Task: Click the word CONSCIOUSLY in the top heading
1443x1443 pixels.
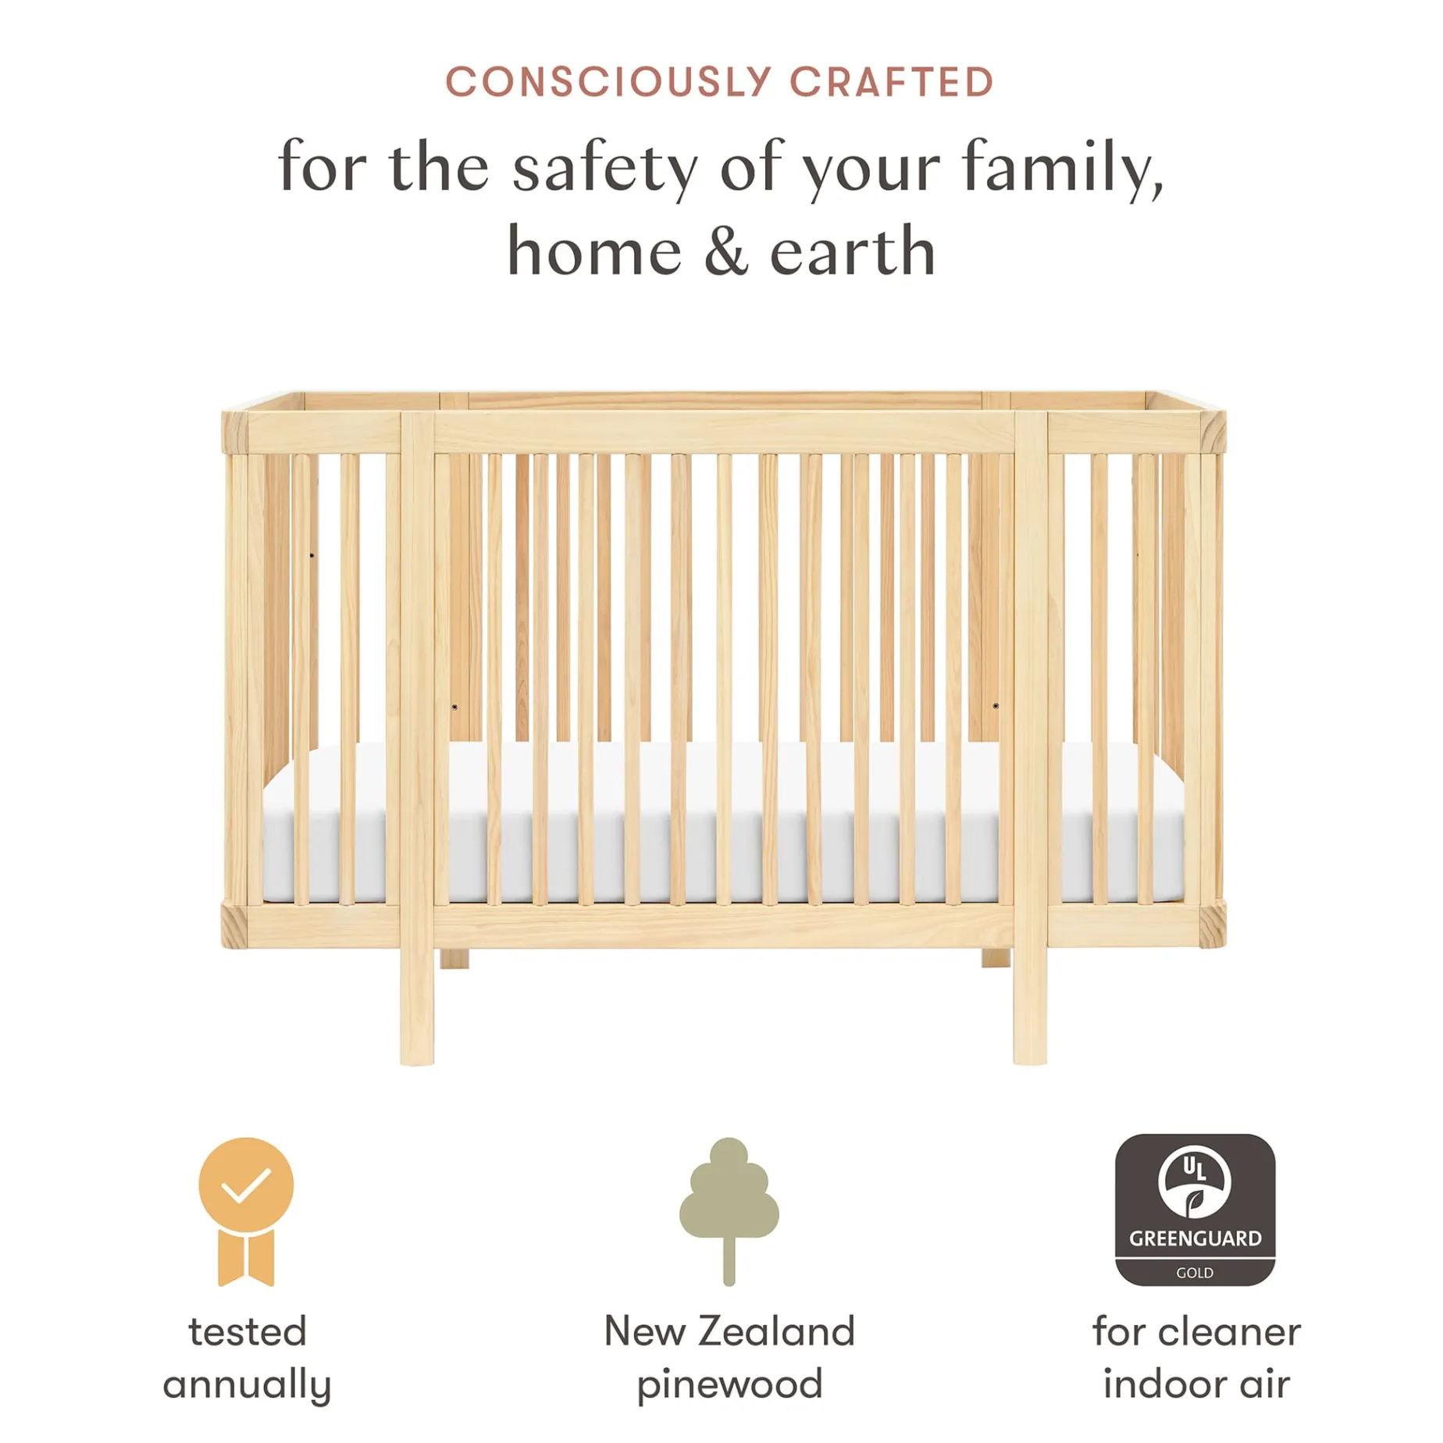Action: tap(608, 82)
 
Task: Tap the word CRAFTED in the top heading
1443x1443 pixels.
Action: tap(892, 82)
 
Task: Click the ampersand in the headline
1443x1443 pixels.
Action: tap(726, 251)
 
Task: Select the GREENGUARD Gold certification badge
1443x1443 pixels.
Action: tap(1195, 1210)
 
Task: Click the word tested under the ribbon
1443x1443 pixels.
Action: tap(248, 1332)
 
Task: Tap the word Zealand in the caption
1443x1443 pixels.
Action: tap(777, 1331)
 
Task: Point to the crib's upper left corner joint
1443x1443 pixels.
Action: tap(234, 430)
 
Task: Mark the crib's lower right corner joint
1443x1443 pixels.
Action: tap(1213, 925)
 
